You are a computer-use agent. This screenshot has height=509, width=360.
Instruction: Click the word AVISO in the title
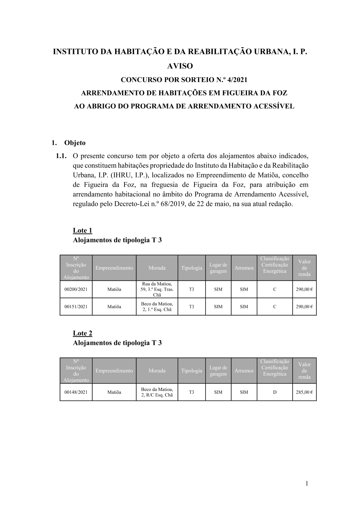(180, 66)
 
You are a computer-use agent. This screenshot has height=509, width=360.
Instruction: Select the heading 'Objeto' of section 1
(75, 143)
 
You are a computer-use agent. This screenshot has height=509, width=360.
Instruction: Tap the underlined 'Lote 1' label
(82, 230)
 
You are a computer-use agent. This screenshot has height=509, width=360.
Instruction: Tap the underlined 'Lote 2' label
(82, 333)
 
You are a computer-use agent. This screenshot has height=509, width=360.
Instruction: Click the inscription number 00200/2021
(76, 289)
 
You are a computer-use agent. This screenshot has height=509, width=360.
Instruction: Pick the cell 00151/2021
(76, 307)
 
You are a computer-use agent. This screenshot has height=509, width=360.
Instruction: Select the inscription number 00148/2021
(76, 392)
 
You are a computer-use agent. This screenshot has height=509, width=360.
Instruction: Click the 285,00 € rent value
(304, 392)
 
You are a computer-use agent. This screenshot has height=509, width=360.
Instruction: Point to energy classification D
(275, 392)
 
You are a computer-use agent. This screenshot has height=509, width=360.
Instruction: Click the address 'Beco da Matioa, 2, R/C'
(157, 392)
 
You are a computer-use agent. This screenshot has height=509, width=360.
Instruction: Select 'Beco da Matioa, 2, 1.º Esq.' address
(157, 307)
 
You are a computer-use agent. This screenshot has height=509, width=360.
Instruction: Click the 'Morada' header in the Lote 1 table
(157, 268)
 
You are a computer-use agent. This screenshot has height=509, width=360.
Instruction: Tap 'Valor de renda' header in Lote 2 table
(304, 371)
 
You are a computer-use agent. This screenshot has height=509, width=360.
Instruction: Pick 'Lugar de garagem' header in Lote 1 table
(218, 268)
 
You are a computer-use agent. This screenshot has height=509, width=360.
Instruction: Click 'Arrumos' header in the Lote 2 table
(244, 371)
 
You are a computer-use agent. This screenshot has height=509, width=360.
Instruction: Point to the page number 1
(307, 483)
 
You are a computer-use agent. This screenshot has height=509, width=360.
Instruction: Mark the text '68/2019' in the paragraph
(174, 204)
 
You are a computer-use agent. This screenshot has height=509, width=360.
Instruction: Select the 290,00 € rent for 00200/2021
(304, 289)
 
